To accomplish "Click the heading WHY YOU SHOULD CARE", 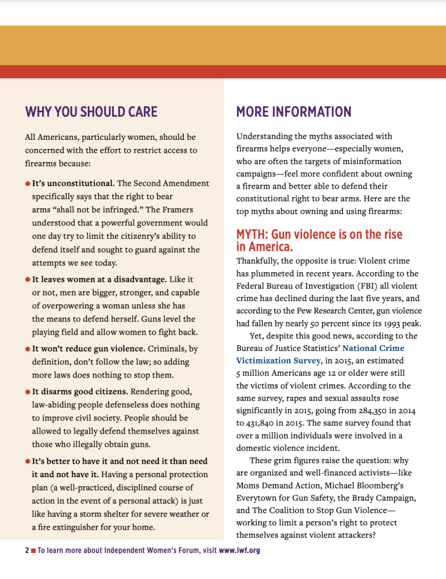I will tap(91, 111).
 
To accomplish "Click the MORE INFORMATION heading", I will tap(294, 111).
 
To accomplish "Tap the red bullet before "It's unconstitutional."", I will tap(28, 184).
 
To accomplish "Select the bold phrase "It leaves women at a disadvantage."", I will tap(99, 280).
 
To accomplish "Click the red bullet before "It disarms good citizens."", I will tap(28, 392).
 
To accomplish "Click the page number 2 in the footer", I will tap(27, 550).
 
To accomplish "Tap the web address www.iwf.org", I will tap(239, 550).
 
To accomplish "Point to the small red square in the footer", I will tap(33, 550).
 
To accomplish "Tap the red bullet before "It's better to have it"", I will tap(28, 461).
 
